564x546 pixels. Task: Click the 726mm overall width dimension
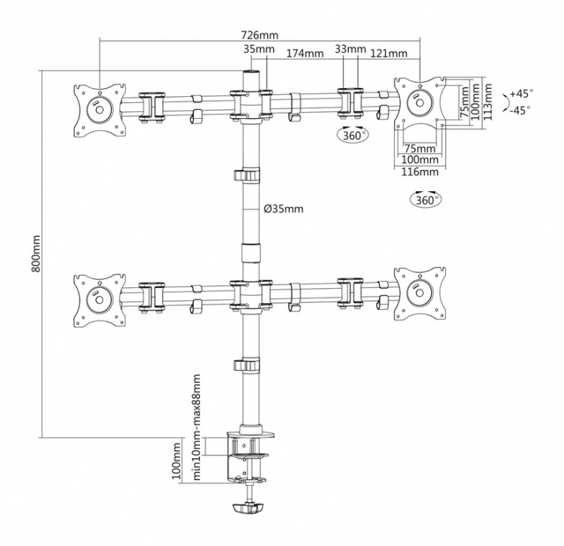259,35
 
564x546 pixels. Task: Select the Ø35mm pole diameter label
283,209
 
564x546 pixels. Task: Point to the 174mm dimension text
305,53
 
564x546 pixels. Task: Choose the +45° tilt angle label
520,93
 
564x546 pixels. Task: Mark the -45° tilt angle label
519,110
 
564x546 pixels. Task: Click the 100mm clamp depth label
177,461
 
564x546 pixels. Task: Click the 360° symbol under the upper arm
352,136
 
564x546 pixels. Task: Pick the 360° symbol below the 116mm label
426,199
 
